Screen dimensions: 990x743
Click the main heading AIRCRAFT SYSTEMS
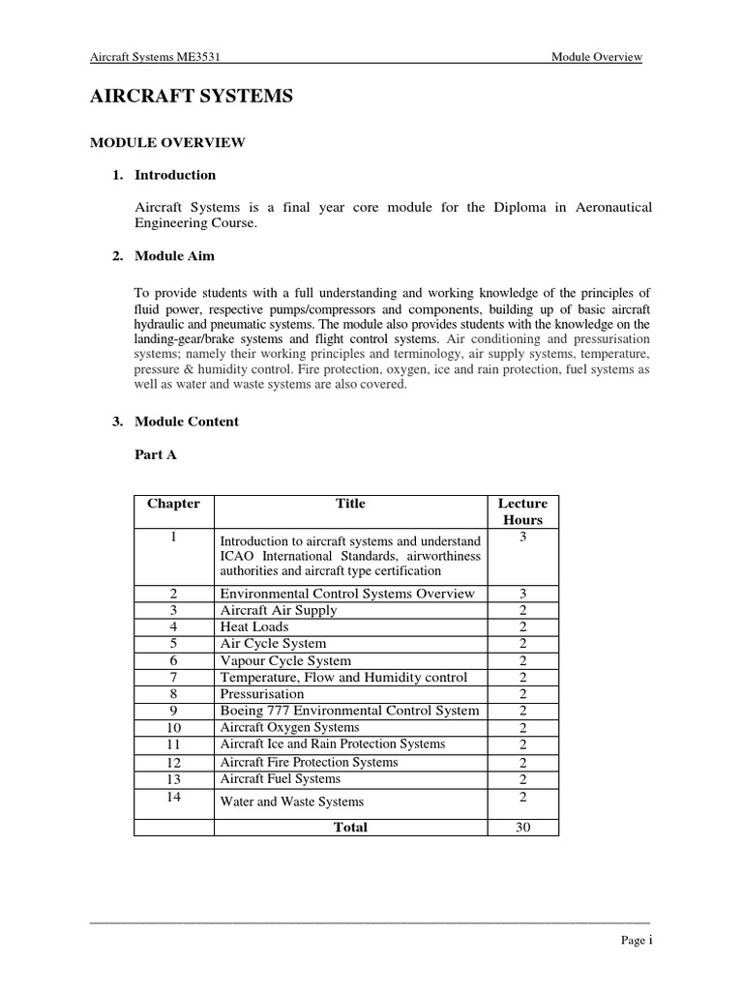(x=191, y=97)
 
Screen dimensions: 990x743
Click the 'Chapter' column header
(x=173, y=504)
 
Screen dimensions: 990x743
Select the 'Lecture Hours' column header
(x=522, y=511)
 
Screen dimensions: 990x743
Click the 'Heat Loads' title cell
(x=254, y=626)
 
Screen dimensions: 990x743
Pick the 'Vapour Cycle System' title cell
(x=285, y=660)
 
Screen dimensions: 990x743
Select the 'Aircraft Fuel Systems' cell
(x=281, y=778)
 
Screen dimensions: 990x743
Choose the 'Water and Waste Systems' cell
(x=292, y=801)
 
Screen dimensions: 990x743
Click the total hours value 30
(x=522, y=828)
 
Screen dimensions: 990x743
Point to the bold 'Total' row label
(x=349, y=828)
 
